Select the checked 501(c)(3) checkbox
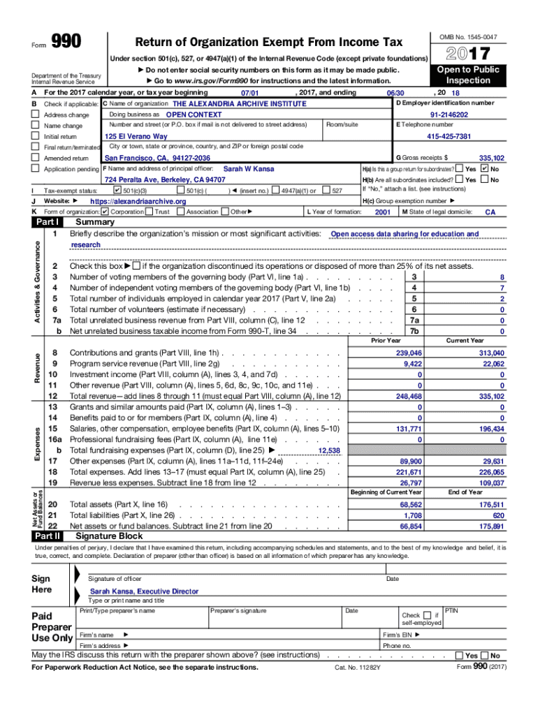117,191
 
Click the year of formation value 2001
383,212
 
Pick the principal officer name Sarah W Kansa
247,169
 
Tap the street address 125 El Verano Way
136,136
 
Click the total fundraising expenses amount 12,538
328,451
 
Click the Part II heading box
47,536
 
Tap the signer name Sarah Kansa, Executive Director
144,591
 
